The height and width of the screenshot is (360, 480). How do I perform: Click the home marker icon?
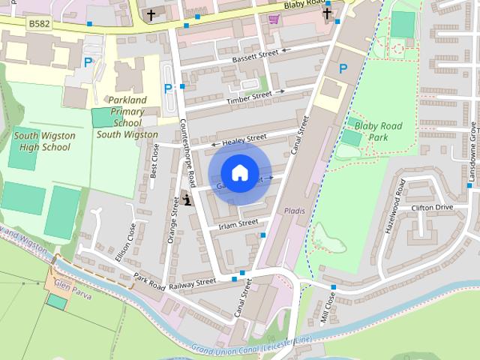click(239, 172)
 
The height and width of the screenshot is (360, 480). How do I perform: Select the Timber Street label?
click(250, 96)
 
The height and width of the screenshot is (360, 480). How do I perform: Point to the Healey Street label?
click(244, 139)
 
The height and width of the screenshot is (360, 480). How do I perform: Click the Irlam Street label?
click(238, 223)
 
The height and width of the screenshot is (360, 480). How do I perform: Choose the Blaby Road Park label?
click(378, 131)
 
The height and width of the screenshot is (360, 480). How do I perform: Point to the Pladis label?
click(295, 211)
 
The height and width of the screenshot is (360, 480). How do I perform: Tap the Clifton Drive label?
click(433, 207)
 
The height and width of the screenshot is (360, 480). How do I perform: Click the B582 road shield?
click(39, 25)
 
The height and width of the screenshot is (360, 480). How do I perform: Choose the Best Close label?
click(154, 160)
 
